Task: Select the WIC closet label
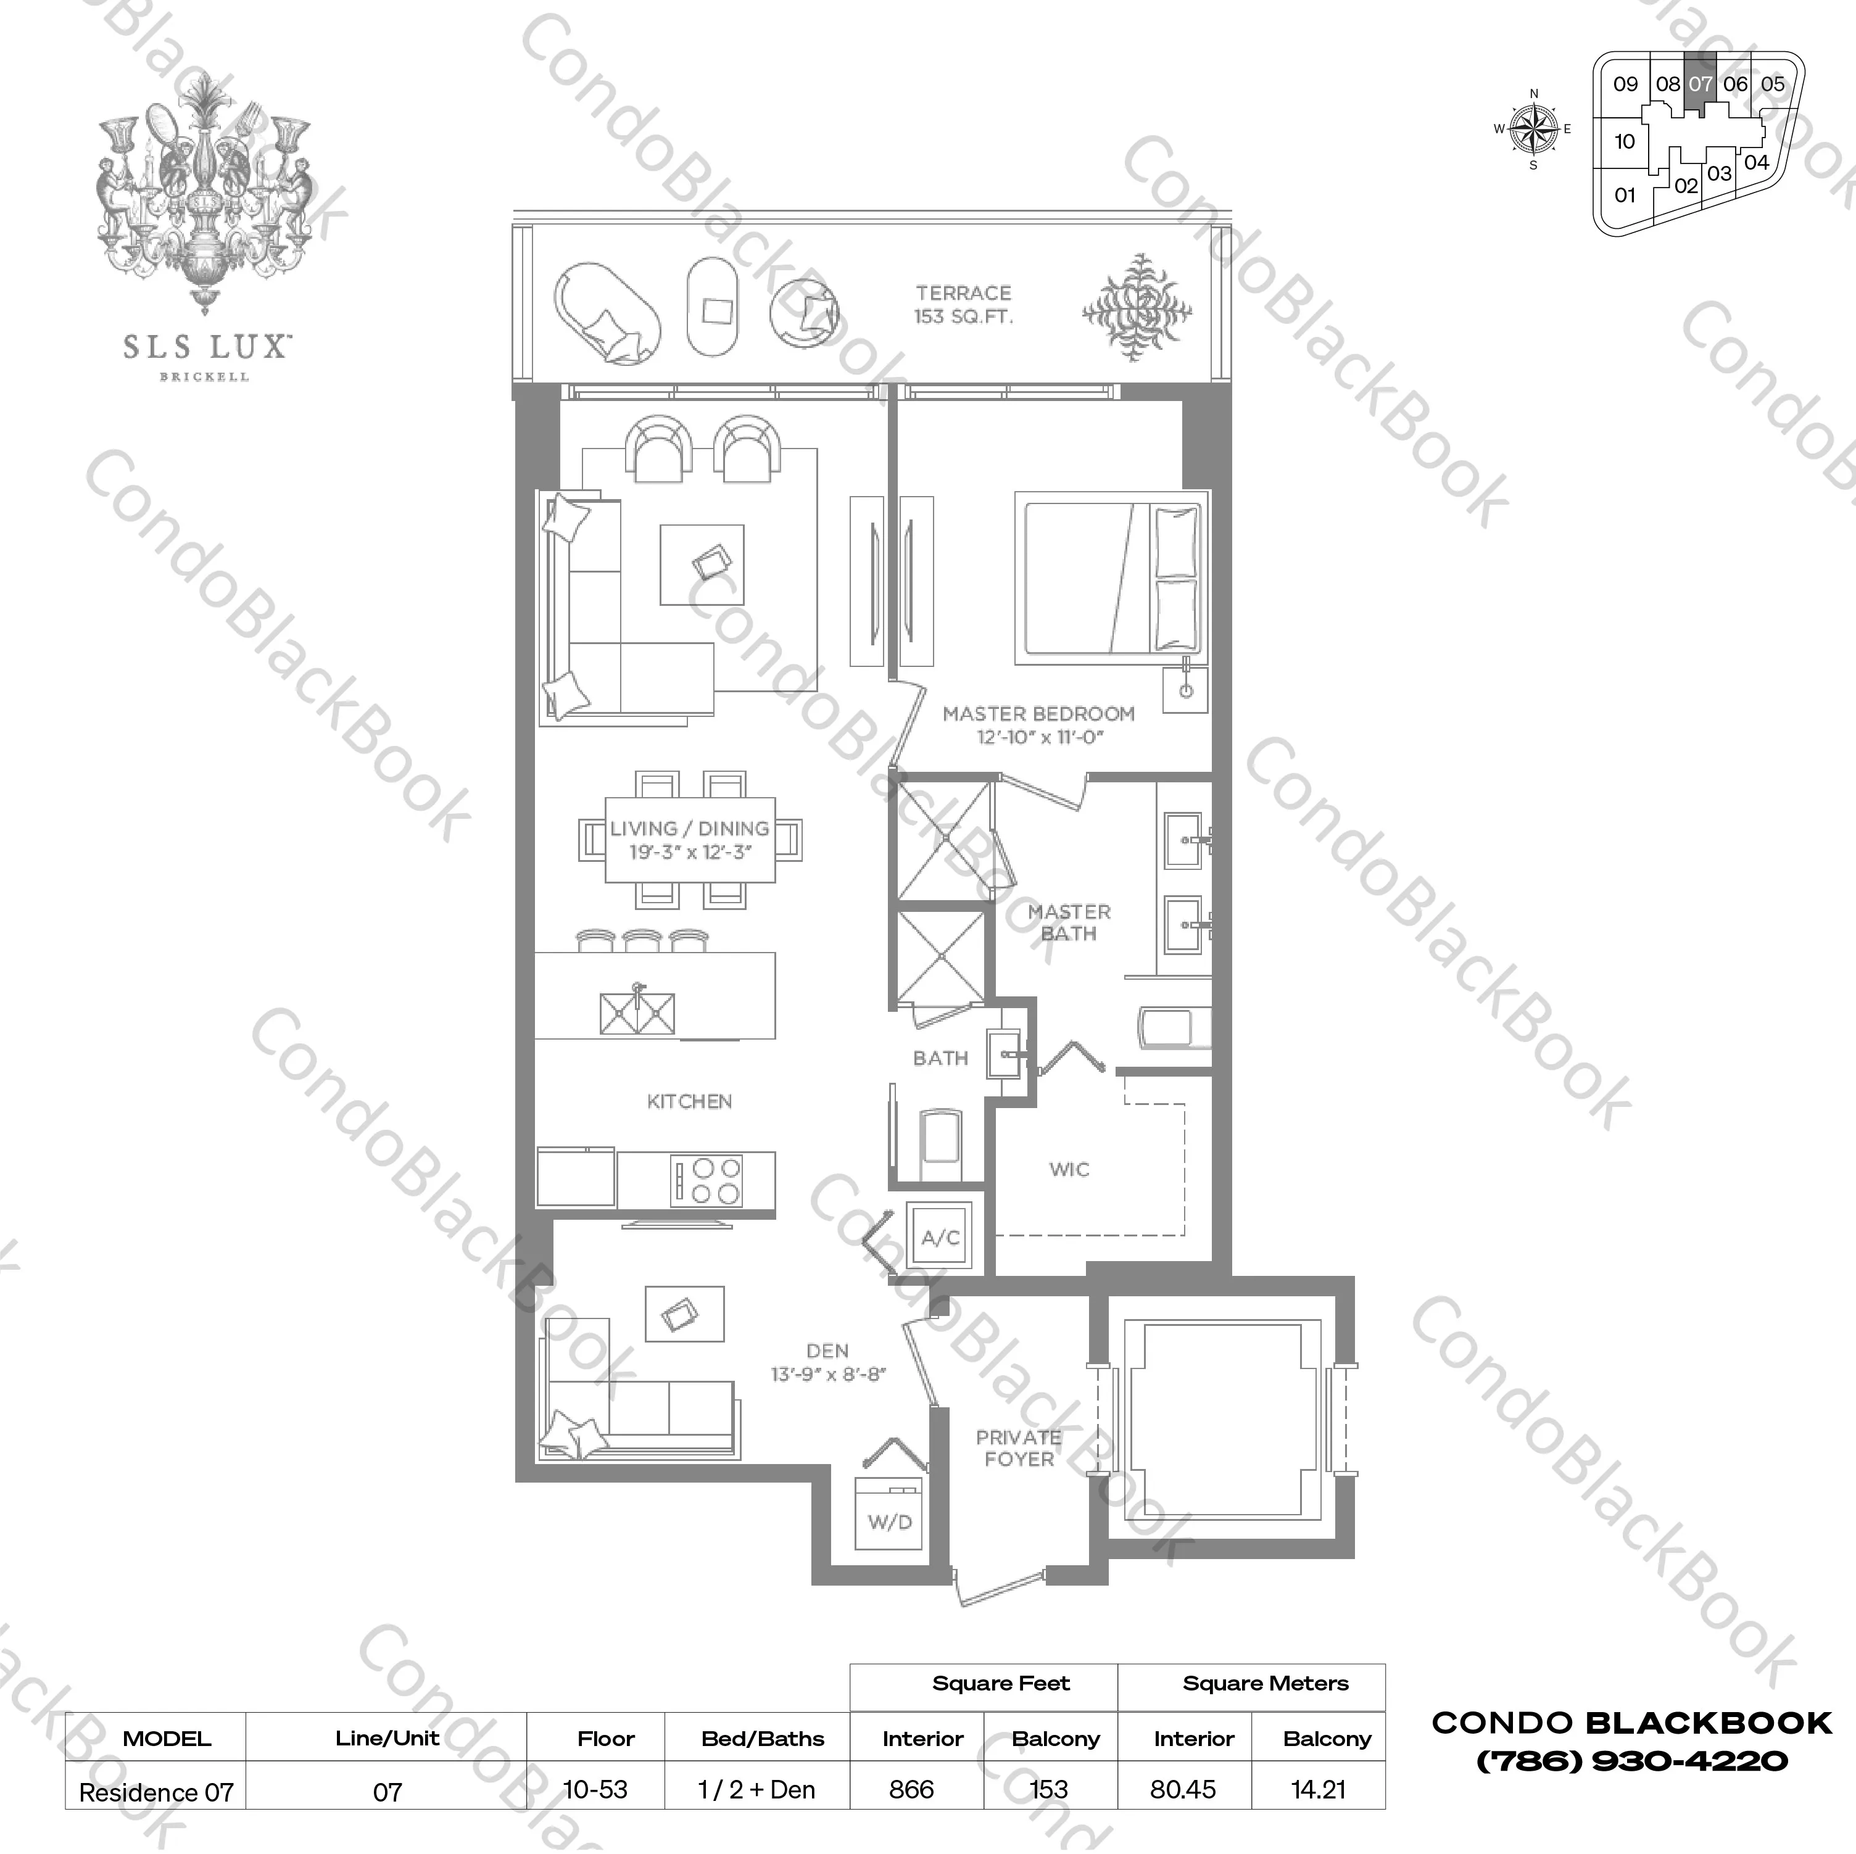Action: (x=1069, y=1169)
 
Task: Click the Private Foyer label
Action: (x=1018, y=1447)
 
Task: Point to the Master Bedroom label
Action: (x=1038, y=714)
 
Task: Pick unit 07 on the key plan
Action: (x=1701, y=85)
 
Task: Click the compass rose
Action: (x=1533, y=129)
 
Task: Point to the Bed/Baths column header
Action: (x=763, y=1739)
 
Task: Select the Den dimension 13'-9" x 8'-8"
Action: (x=828, y=1374)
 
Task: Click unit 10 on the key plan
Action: (x=1625, y=142)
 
